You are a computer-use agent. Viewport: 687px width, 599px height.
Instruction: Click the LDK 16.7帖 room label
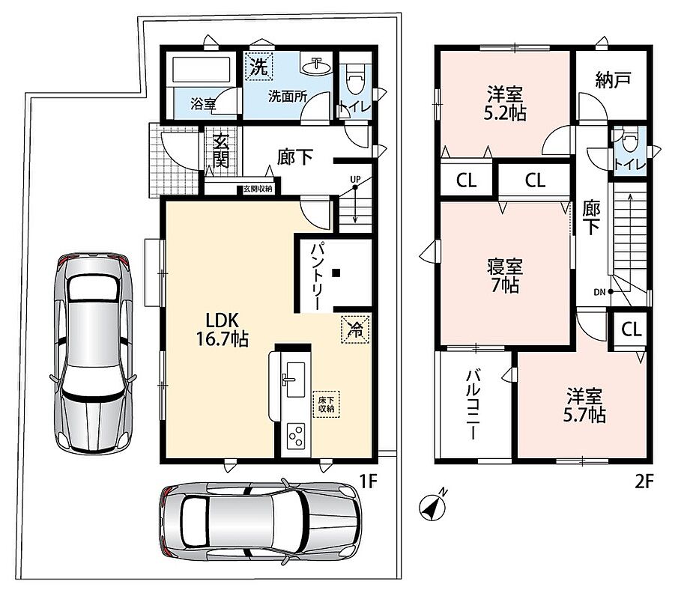(223, 329)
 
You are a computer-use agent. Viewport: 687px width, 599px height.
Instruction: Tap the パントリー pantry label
(317, 277)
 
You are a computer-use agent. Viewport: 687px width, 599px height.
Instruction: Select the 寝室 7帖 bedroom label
(505, 276)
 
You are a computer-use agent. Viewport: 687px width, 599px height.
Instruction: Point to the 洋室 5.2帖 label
(505, 103)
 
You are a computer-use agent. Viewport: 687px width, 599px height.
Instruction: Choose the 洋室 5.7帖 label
(584, 405)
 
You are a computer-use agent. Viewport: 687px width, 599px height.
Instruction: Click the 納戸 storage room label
(613, 79)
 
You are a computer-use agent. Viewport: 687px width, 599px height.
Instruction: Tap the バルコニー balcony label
(473, 404)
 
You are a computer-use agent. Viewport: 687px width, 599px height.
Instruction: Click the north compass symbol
(433, 505)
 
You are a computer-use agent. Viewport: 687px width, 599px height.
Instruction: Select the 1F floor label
(368, 481)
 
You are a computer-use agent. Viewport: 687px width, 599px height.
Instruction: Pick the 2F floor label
(644, 481)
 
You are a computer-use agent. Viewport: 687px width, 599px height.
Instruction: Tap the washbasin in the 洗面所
(315, 66)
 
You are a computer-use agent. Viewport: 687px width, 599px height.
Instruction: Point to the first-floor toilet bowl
(353, 79)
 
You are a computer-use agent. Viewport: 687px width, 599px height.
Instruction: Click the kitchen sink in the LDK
(294, 380)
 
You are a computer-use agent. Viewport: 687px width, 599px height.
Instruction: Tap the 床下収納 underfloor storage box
(327, 404)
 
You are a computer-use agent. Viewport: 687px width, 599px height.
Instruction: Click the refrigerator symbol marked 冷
(355, 329)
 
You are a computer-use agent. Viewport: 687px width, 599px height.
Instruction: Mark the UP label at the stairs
(355, 180)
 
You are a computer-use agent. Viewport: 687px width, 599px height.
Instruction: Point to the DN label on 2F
(599, 292)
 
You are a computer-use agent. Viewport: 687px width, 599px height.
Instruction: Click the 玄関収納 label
(258, 189)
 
